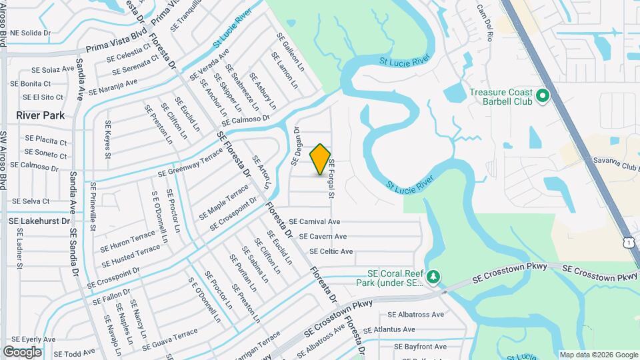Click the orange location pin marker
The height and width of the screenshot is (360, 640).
(x=320, y=159)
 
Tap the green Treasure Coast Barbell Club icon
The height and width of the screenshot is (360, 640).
(x=543, y=97)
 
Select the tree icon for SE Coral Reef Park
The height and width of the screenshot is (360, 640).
(x=433, y=276)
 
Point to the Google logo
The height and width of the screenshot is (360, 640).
(x=22, y=351)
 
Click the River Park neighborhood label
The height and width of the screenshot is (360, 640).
(x=41, y=115)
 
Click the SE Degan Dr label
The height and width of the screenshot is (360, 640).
(x=297, y=145)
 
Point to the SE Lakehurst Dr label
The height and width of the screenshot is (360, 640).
(x=39, y=220)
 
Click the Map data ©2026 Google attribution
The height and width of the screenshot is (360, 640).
(x=598, y=355)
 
